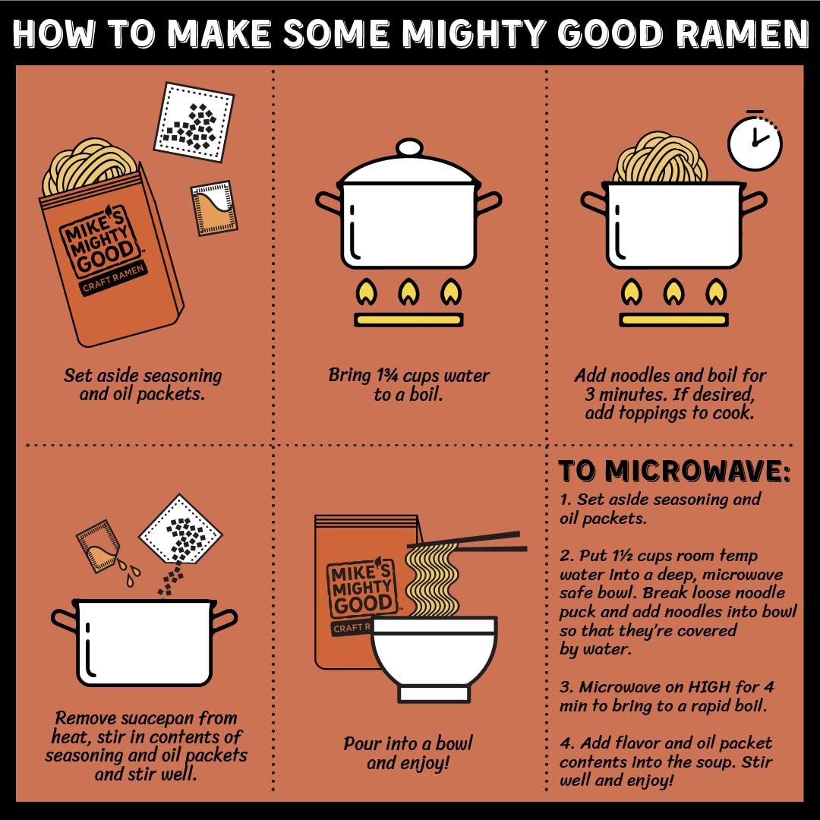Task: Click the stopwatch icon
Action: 755,141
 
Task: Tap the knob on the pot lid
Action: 409,148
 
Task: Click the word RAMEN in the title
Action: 742,33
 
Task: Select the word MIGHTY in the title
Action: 474,33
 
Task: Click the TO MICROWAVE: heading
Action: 674,471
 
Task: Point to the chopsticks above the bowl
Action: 467,541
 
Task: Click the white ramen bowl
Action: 434,659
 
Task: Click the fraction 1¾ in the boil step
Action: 387,375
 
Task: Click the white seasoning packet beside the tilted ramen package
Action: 194,121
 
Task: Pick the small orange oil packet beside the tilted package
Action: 214,207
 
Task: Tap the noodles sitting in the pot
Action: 661,157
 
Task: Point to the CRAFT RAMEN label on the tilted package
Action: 113,278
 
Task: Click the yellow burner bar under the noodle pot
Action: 673,320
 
